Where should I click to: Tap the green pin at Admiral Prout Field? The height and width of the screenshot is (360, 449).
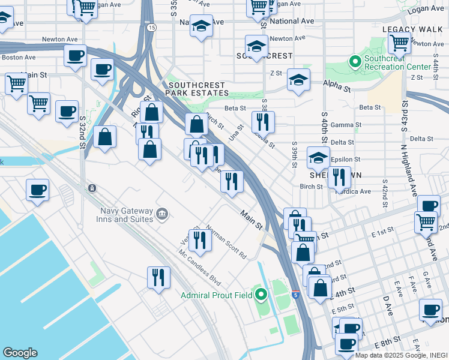[261, 295]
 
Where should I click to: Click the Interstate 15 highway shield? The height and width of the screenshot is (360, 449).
[151, 28]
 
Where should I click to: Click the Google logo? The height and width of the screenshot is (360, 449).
[20, 353]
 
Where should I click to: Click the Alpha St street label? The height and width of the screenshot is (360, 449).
[337, 88]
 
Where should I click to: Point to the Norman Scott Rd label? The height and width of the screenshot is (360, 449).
[226, 242]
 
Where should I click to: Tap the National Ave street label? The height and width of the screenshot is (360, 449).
[292, 20]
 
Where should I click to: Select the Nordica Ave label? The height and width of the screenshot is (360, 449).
[354, 192]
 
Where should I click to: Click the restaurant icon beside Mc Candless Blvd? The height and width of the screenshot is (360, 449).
[158, 278]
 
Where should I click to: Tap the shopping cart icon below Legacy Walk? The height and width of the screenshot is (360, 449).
[399, 43]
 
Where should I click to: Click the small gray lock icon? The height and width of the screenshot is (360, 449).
[92, 188]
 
